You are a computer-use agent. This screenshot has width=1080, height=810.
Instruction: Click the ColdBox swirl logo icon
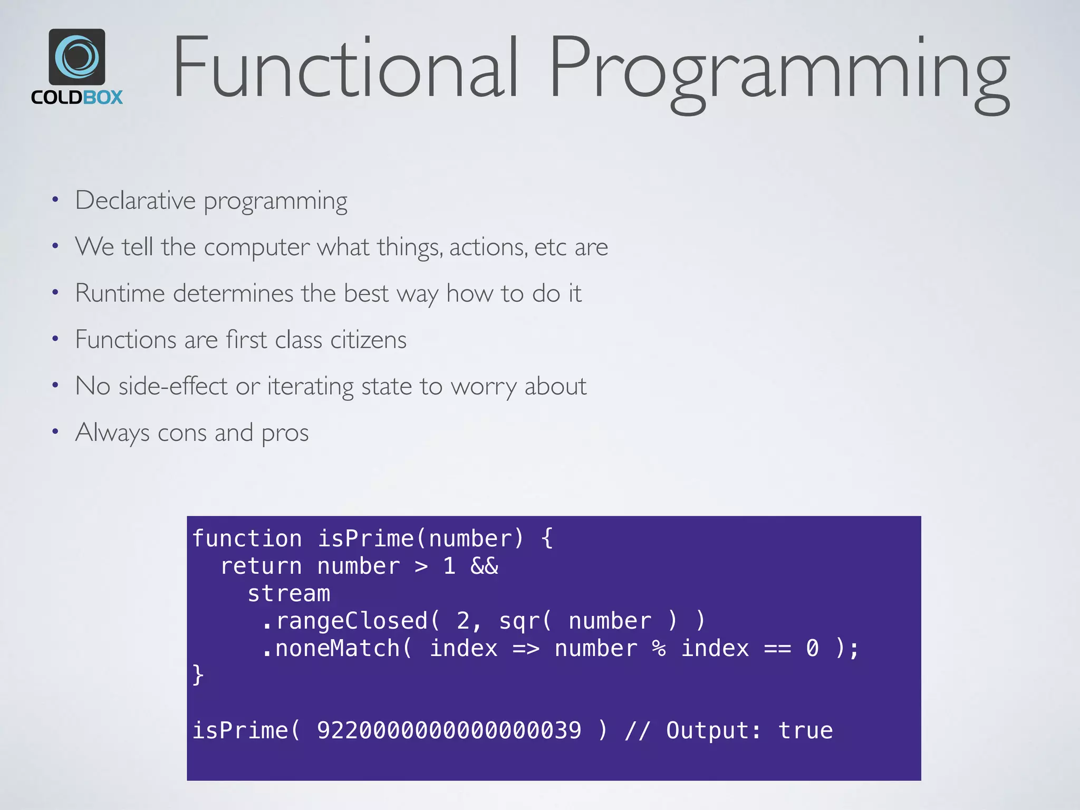[x=77, y=56]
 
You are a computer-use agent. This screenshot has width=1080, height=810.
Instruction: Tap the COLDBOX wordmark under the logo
[x=77, y=98]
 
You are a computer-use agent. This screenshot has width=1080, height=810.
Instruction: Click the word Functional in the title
[x=345, y=67]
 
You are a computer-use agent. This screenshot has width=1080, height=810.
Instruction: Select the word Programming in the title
[x=779, y=71]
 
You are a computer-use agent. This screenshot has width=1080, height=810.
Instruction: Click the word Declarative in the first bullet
[x=136, y=201]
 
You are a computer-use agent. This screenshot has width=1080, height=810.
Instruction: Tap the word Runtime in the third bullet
[x=120, y=293]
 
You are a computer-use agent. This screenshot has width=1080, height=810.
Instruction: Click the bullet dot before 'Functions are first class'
[x=55, y=339]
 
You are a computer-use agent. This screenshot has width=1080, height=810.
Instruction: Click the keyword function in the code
[x=247, y=539]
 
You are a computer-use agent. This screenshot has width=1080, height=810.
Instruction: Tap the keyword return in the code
[x=261, y=566]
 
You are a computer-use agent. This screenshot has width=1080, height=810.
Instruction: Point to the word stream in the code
[x=289, y=594]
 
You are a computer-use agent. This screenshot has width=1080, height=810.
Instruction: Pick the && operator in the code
[x=484, y=566]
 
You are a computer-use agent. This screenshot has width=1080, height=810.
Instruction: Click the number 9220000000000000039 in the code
[x=449, y=731]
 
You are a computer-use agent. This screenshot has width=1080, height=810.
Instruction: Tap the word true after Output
[x=805, y=731]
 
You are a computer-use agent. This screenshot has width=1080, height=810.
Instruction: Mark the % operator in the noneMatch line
[x=659, y=649]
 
